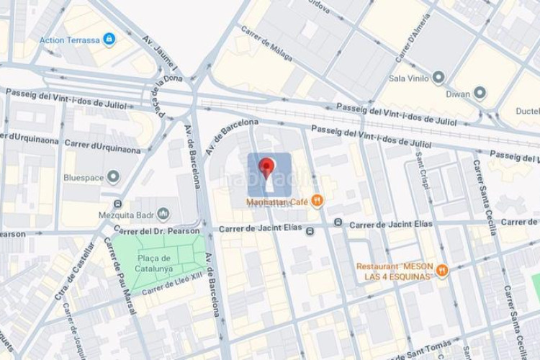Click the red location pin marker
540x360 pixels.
click(x=266, y=168)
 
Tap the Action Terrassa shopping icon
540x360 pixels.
click(x=109, y=39)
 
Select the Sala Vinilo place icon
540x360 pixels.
click(x=438, y=78)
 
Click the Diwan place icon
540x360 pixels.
click(x=480, y=93)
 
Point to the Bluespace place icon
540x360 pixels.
click(x=113, y=176)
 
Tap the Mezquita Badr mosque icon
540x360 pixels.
click(x=163, y=214)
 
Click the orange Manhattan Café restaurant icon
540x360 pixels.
click(x=317, y=201)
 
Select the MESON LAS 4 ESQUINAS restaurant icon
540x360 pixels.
click(x=442, y=271)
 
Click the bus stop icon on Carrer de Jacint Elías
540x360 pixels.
click(x=310, y=231)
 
